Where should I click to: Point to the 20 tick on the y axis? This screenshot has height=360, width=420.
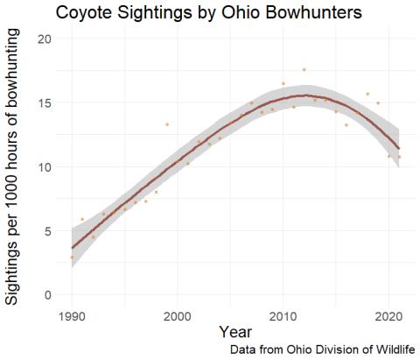point(49,39)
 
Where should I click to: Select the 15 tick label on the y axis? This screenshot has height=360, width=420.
point(49,103)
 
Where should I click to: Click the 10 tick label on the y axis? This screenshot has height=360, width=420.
point(49,167)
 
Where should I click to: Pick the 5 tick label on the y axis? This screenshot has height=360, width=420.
point(52,231)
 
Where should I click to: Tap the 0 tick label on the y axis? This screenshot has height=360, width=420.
point(52,295)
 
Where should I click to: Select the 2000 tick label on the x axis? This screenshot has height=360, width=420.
point(178,314)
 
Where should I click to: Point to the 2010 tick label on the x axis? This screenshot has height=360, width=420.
point(283,314)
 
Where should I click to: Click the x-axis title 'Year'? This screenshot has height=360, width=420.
point(235,332)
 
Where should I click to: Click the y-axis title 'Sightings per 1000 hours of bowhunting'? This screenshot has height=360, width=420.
point(17,167)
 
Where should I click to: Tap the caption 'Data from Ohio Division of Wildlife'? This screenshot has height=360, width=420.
point(323,349)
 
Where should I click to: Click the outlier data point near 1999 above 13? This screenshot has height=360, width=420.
point(167,124)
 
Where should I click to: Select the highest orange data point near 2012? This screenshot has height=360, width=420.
point(304,69)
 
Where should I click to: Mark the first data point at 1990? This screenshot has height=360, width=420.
point(72,258)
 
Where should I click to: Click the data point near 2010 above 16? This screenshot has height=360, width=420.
point(283,83)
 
